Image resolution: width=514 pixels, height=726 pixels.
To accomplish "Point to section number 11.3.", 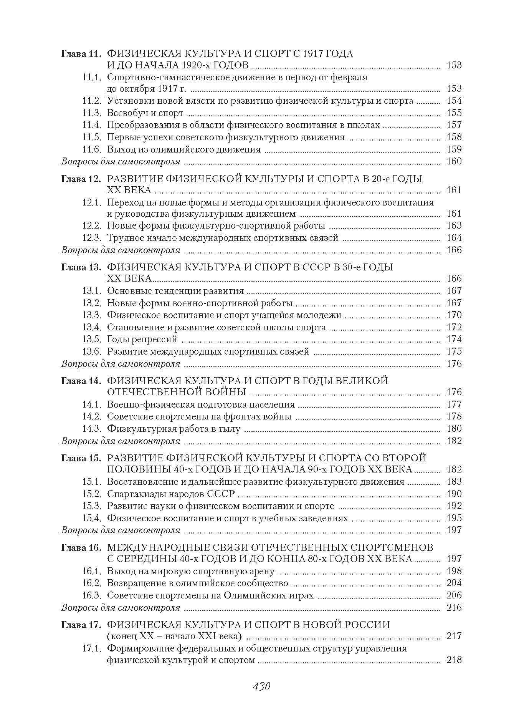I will point(91,113).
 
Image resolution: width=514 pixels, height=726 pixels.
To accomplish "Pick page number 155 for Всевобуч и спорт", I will point(454,113).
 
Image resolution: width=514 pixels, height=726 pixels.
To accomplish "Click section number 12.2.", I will point(91,225).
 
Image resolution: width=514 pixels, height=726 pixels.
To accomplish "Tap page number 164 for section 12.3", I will point(454,238).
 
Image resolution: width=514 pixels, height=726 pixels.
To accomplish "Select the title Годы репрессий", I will point(142,339).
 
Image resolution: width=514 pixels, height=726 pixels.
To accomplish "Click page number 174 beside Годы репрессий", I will point(454,339).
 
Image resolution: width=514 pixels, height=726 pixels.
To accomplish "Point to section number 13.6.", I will point(91,351).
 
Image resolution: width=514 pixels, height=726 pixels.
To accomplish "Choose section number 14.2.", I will point(91,416).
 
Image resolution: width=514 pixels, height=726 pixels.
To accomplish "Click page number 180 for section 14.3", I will point(454,429).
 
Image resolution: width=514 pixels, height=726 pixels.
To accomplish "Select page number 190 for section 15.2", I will point(454,494).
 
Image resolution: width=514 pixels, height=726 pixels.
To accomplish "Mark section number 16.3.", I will point(91,596).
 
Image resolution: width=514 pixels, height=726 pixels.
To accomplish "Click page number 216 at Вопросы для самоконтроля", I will point(454,608).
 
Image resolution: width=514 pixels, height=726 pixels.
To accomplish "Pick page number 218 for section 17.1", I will point(454,661).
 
